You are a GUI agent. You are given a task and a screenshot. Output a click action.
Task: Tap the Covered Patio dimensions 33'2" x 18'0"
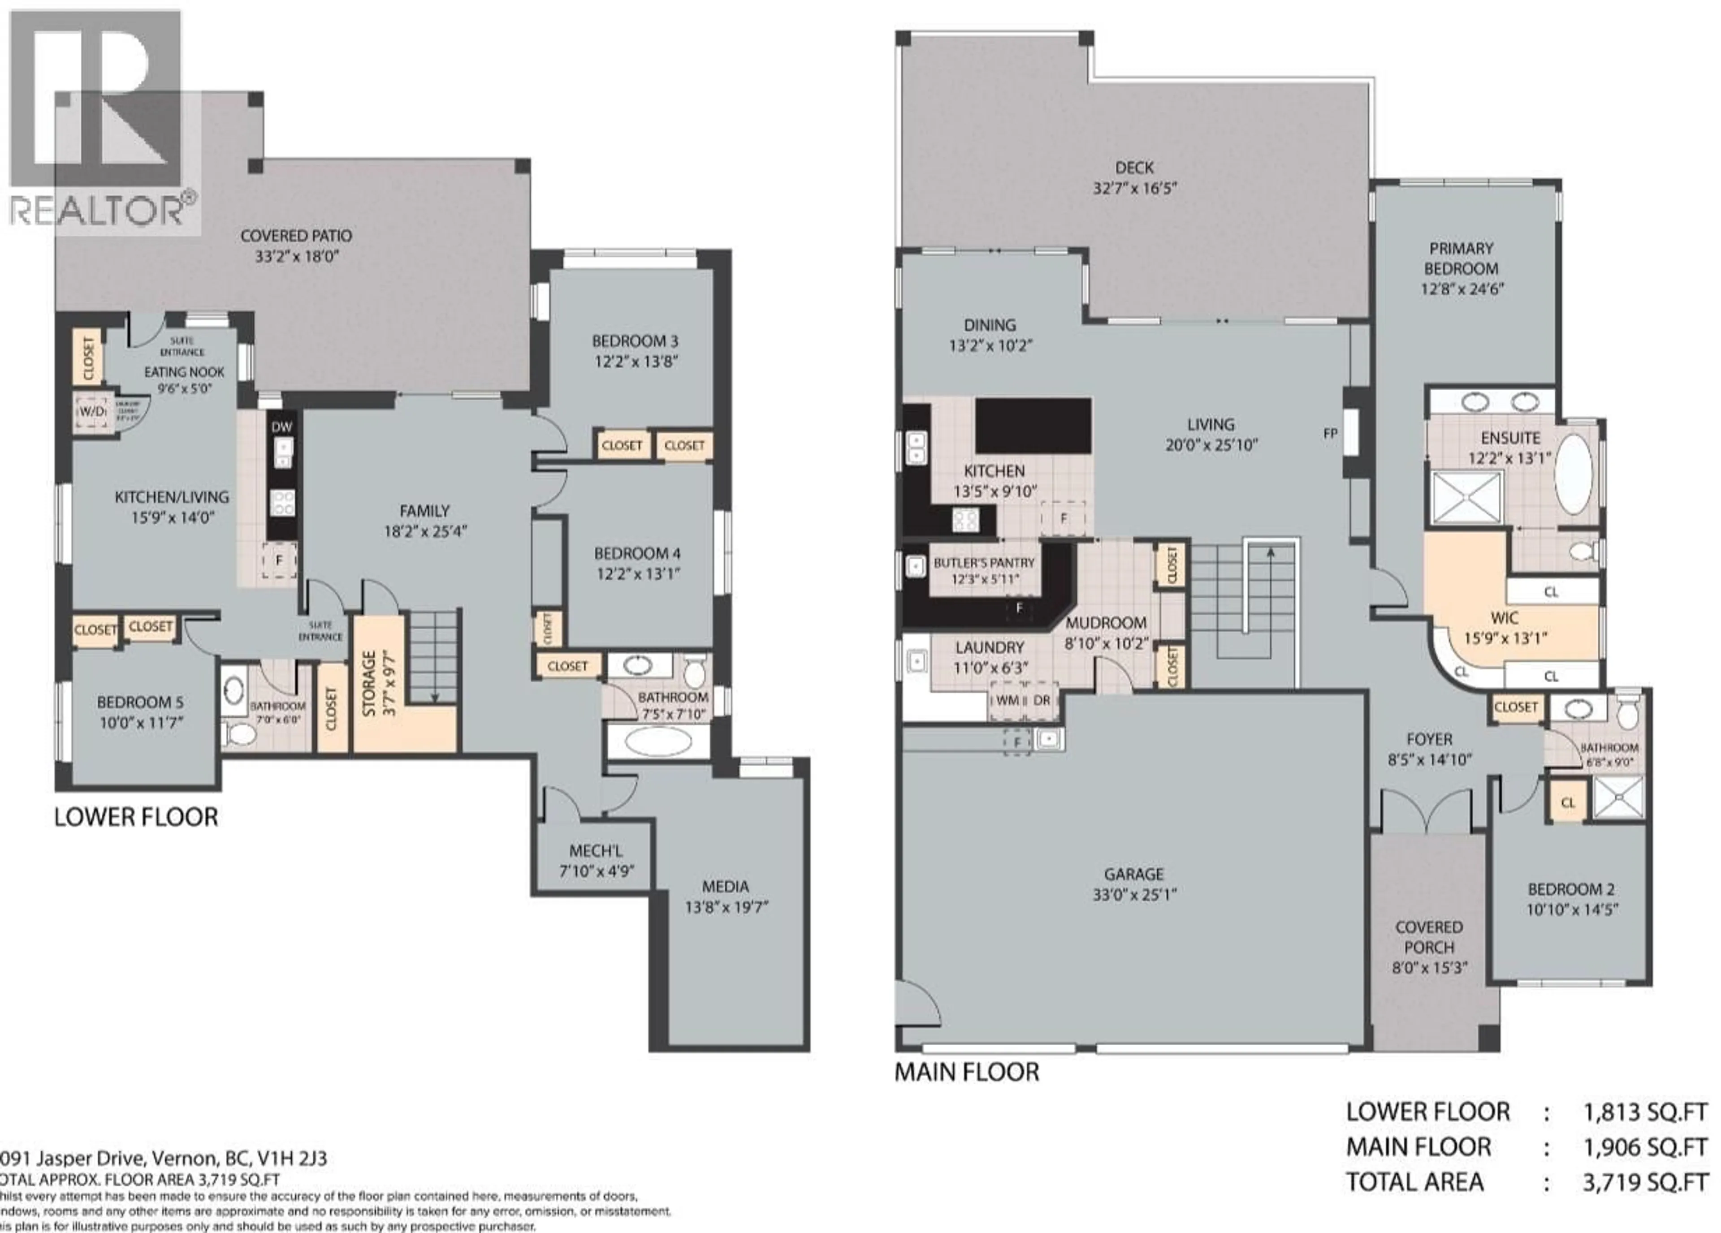tap(296, 256)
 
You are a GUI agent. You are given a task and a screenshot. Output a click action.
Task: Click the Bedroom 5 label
tap(140, 702)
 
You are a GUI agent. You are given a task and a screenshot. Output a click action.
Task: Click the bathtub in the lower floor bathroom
tap(659, 742)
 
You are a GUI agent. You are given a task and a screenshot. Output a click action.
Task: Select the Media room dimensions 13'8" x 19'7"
tap(726, 907)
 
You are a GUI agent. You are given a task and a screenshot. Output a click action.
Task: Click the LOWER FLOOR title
tap(137, 817)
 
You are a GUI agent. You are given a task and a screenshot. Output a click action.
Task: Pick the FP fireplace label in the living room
tap(1330, 434)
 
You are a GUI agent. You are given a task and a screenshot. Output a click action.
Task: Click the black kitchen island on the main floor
tap(1033, 426)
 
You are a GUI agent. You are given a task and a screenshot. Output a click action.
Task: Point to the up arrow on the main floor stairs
tap(1270, 554)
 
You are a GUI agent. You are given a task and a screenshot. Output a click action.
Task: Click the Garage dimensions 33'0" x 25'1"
tap(1134, 895)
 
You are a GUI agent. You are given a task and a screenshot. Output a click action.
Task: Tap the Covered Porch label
tap(1429, 937)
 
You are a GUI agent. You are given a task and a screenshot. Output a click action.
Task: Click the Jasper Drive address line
tap(163, 1159)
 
